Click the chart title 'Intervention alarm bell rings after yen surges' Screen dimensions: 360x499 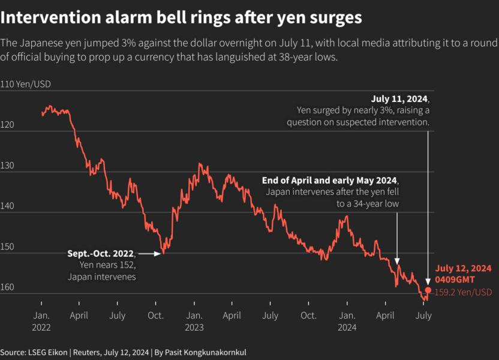click(181, 18)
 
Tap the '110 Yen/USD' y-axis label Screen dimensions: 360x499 click(26, 84)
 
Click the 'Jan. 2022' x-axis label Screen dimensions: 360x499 click(41, 321)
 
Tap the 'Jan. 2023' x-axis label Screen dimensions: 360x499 click(194, 321)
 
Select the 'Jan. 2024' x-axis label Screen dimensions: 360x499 click(347, 321)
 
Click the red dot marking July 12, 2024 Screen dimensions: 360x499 click(428, 290)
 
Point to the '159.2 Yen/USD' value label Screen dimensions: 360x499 click(463, 292)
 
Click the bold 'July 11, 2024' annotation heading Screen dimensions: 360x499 click(400, 99)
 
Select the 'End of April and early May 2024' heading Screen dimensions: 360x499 click(329, 181)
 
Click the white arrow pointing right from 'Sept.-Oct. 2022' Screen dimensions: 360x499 click(151, 254)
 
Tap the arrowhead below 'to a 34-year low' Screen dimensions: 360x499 click(397, 260)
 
